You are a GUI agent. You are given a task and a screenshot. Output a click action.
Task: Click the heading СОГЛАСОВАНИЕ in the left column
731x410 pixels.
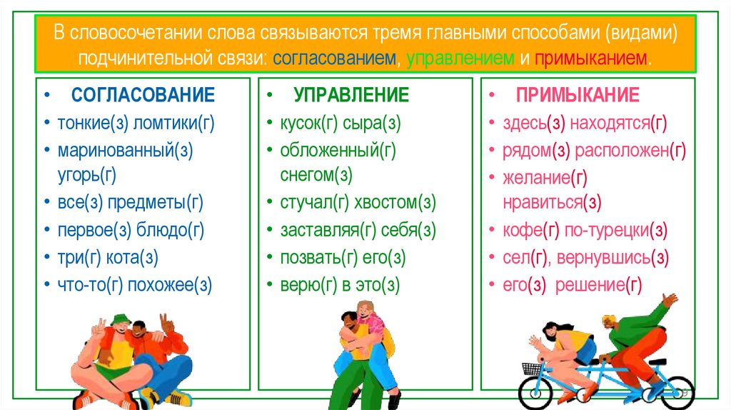[143, 95]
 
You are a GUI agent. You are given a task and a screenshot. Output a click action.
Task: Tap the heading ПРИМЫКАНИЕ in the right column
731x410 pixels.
[578, 95]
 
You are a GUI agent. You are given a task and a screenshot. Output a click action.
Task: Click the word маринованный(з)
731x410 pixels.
[126, 150]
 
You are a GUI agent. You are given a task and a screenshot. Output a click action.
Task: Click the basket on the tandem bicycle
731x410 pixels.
[532, 369]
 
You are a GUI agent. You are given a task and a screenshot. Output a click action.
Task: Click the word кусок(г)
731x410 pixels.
[308, 123]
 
